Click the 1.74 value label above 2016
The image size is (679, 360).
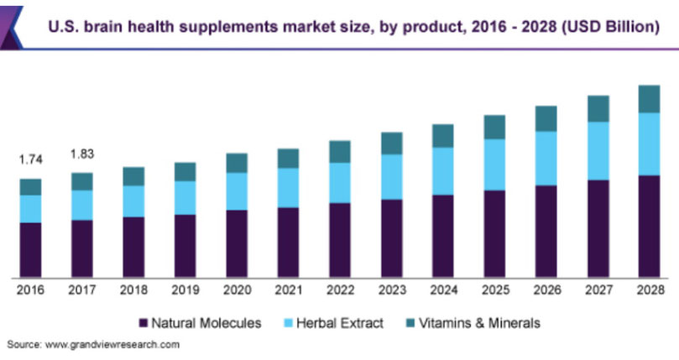point(30,159)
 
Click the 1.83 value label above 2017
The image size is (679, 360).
point(82,154)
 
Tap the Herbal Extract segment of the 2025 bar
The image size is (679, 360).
point(494,164)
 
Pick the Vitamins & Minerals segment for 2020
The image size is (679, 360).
point(237,163)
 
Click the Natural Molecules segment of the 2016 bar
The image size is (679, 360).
point(30,249)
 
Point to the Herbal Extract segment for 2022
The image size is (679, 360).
point(340,182)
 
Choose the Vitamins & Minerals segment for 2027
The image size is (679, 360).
point(598,108)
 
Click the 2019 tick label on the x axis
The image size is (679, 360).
point(185,290)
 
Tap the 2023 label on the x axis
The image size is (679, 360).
point(391,290)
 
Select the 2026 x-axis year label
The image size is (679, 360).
point(546,290)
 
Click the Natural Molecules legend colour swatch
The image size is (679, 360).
point(143,323)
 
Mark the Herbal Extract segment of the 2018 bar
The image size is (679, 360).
point(133,201)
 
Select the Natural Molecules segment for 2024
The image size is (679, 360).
point(442,236)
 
